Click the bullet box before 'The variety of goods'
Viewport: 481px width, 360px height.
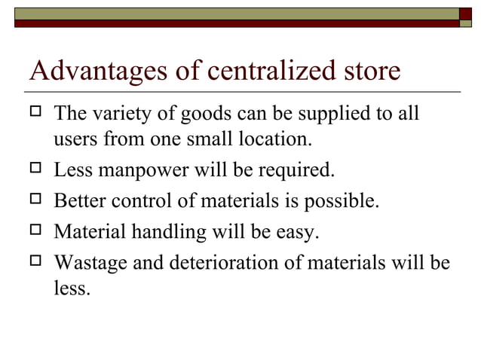pyautogui.click(x=35, y=113)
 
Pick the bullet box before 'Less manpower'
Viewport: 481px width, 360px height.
pyautogui.click(x=35, y=170)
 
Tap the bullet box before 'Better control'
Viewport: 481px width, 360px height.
pyautogui.click(x=35, y=201)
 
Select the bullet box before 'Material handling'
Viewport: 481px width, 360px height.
pyautogui.click(x=35, y=232)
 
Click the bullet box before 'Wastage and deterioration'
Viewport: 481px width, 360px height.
pyautogui.click(x=35, y=262)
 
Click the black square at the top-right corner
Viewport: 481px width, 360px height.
pyautogui.click(x=465, y=13)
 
